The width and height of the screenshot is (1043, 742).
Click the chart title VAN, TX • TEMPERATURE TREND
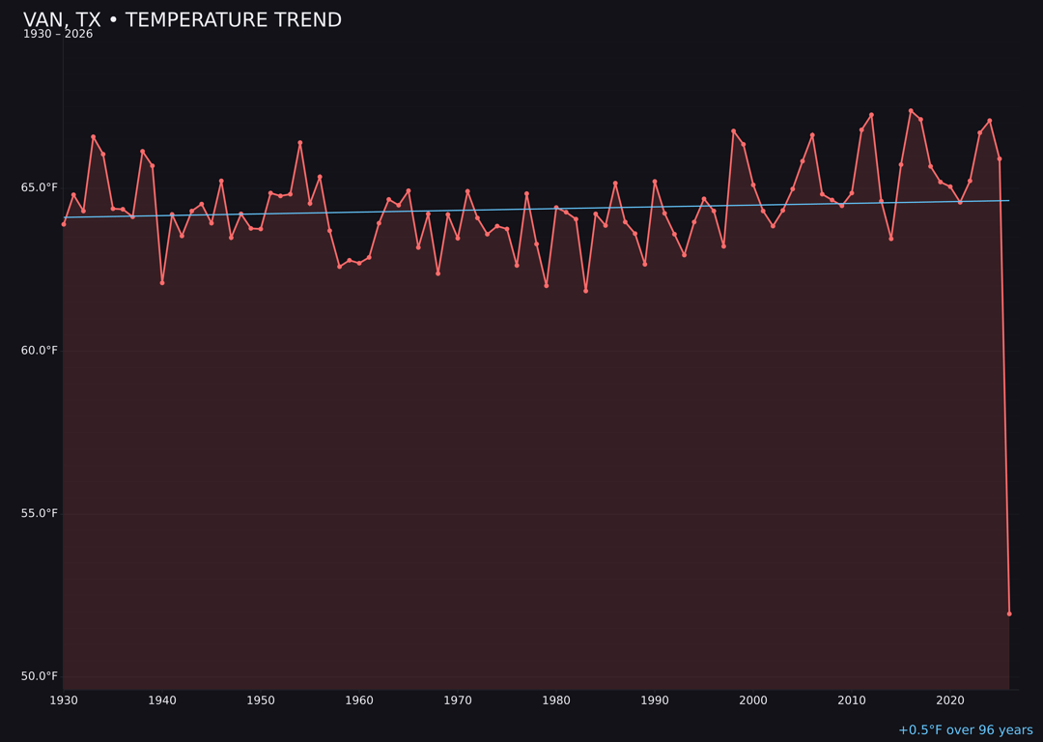(183, 20)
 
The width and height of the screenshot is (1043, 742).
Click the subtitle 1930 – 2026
(58, 35)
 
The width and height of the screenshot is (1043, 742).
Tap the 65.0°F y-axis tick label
(40, 187)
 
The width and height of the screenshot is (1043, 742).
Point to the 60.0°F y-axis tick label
(40, 350)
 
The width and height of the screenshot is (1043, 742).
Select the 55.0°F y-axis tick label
(40, 513)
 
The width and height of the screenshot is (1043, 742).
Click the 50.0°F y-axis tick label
(40, 676)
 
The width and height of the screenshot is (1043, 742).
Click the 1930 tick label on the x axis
(64, 699)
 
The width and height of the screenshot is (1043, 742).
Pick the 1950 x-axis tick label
(261, 699)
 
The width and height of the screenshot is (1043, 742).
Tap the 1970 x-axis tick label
(458, 699)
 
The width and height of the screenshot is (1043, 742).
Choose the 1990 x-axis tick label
(655, 699)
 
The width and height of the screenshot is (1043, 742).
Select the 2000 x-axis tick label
(753, 699)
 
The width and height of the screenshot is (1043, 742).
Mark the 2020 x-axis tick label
(950, 699)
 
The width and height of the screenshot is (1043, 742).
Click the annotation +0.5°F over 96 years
(965, 730)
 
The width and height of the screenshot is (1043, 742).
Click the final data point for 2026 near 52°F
(1009, 614)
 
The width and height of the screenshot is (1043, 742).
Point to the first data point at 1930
(64, 224)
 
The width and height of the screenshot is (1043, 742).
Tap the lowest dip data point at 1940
(162, 282)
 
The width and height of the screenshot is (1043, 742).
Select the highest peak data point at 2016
(911, 111)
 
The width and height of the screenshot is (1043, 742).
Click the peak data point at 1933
(94, 137)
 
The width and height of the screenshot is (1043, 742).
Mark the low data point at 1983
(585, 291)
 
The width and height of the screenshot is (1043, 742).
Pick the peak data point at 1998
(733, 131)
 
